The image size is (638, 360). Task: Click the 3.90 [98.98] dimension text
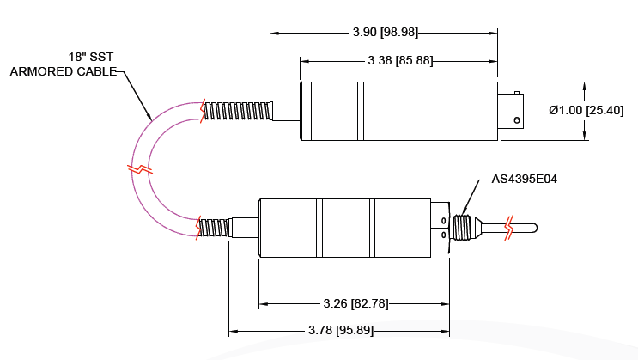click(x=385, y=33)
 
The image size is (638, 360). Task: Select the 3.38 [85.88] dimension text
click(x=399, y=60)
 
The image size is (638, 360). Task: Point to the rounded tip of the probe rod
click(x=534, y=228)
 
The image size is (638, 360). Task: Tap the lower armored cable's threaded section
click(x=216, y=228)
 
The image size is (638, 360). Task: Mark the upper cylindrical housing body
click(x=398, y=111)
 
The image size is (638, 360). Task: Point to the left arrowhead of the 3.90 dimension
click(x=274, y=33)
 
